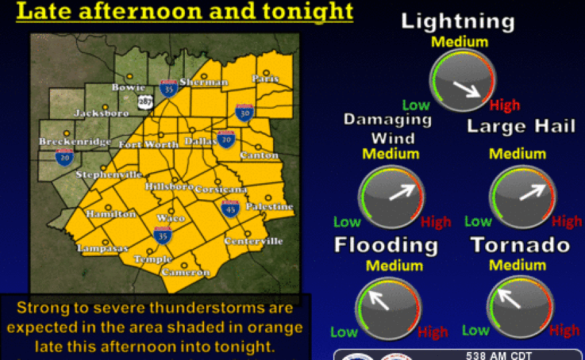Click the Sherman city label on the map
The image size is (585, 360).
pyautogui.click(x=203, y=82)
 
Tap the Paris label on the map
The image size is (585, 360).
pyautogui.click(x=265, y=78)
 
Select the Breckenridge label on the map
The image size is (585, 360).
pyautogui.click(x=64, y=142)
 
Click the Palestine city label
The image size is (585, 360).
pyautogui.click(x=270, y=207)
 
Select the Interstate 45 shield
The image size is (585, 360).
pyautogui.click(x=230, y=208)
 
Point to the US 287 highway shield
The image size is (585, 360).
pyautogui.click(x=145, y=102)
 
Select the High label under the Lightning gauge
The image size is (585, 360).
pyautogui.click(x=505, y=105)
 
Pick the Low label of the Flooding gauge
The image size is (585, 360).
pyautogui.click(x=345, y=331)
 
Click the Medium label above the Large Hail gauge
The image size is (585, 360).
pyautogui.click(x=518, y=154)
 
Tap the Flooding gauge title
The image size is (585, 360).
pyautogui.click(x=386, y=244)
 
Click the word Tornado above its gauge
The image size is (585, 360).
pyautogui.click(x=521, y=244)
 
